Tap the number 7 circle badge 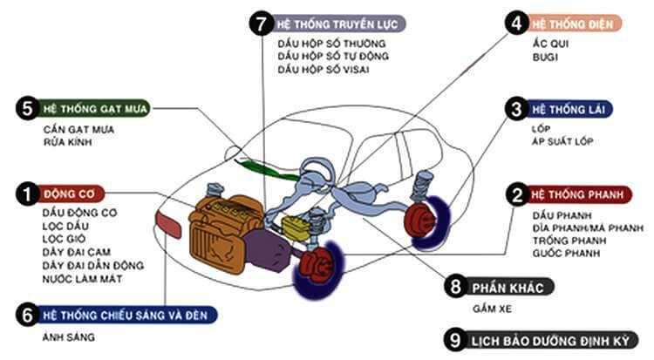[x=259, y=24]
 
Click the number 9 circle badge [x=454, y=340]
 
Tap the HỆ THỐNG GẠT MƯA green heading [x=95, y=109]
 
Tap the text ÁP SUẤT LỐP [x=564, y=141]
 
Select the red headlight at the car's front [x=167, y=224]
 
